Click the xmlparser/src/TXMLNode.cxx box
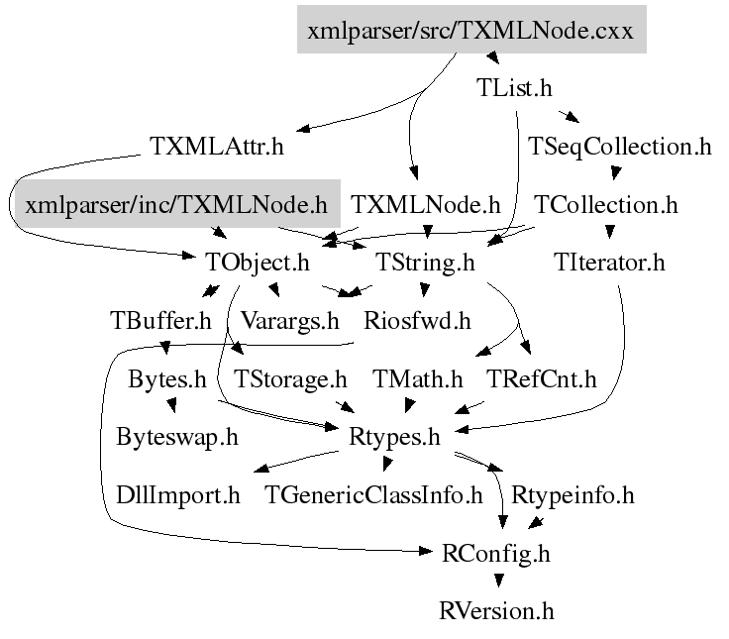click(x=471, y=30)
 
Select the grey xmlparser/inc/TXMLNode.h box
click(x=176, y=205)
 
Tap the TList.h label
click(x=513, y=87)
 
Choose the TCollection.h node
click(x=606, y=205)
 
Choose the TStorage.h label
click(x=290, y=378)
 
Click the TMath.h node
click(x=418, y=378)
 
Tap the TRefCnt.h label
click(x=542, y=378)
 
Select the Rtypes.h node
click(x=394, y=436)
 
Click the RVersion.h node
click(x=496, y=609)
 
